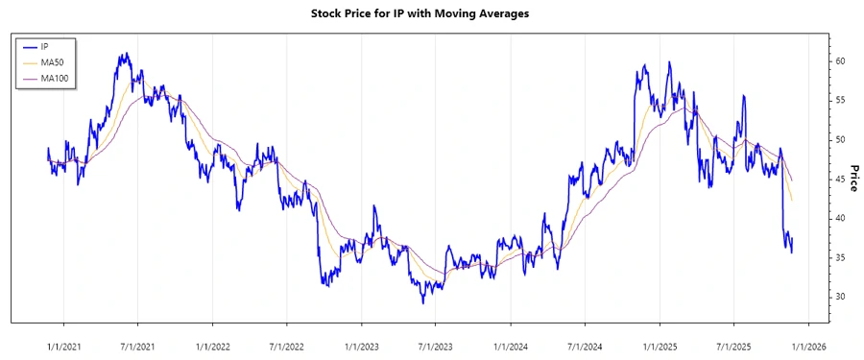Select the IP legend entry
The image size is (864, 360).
tap(44, 46)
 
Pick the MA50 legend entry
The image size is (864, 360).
tap(49, 61)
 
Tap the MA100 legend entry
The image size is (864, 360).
tap(52, 77)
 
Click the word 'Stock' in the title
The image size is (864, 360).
tap(328, 13)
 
